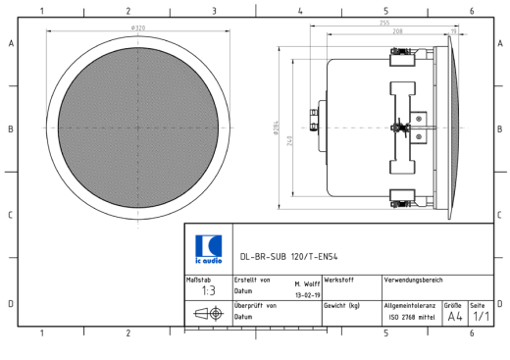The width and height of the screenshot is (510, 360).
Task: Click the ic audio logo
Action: [209, 248]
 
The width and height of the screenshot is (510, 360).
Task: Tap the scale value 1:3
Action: [208, 291]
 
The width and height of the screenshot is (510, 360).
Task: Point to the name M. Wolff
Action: [307, 283]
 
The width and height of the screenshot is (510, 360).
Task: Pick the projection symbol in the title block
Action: [208, 314]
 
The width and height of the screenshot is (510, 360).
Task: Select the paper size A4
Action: [455, 316]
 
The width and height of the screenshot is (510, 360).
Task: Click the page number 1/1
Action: [481, 316]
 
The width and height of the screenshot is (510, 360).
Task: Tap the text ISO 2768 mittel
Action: [412, 318]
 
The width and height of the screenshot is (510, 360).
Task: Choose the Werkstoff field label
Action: [339, 280]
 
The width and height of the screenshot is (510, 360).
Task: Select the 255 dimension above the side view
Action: [383, 23]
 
